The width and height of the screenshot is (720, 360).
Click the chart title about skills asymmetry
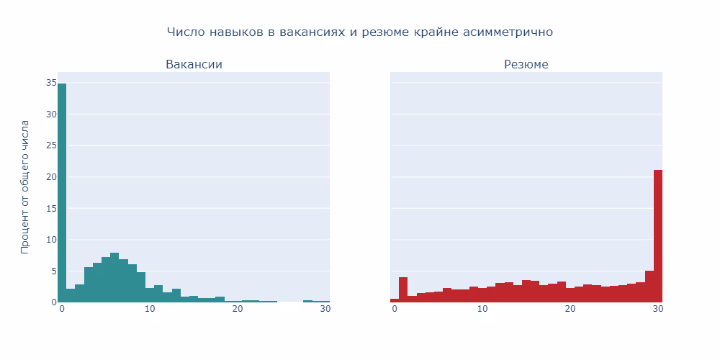359,32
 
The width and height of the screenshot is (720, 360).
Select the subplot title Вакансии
194,65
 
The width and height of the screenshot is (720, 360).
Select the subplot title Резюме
526,65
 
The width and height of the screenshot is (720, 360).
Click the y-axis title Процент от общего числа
26,187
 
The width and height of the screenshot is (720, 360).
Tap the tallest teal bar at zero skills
62,193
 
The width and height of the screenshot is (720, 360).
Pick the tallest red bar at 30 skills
658,236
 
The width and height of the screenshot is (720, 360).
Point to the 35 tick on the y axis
51,84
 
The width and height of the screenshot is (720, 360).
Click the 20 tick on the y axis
51,177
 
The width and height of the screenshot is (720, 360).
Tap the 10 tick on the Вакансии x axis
150,309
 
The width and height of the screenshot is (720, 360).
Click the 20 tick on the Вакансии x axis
238,309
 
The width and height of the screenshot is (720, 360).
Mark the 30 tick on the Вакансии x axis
325,309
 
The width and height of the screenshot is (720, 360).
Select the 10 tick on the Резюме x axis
482,309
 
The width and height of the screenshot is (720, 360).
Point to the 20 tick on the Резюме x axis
570,309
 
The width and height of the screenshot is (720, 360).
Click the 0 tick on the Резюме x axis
395,309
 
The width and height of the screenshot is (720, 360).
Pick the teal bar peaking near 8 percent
114,278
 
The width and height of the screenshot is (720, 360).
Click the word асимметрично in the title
508,32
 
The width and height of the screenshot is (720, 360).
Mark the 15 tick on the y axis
51,208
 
